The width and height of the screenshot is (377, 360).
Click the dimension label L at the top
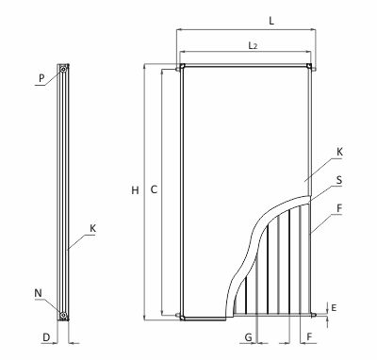271,21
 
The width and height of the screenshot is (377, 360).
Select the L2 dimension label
253,46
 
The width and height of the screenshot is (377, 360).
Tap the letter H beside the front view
135,190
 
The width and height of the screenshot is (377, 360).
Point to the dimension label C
154,189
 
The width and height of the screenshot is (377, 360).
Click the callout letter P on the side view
41,78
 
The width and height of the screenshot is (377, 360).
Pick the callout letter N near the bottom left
38,293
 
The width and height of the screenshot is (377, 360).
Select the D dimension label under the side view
46,337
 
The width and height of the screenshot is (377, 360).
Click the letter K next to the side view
92,228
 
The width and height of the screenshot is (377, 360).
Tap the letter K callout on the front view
339,152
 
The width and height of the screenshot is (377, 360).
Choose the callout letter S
339,180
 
